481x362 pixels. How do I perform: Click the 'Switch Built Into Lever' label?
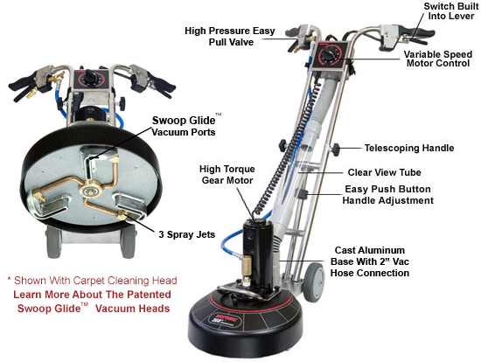tap(450, 11)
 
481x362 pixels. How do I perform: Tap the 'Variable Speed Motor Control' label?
tap(438, 59)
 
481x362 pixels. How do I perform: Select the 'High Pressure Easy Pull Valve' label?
tap(230, 36)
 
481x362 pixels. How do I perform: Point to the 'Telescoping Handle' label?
tap(409, 148)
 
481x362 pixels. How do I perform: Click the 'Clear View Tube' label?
tap(384, 172)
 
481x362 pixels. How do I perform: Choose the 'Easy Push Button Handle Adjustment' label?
tap(387, 194)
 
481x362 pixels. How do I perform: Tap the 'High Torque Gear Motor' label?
tap(227, 174)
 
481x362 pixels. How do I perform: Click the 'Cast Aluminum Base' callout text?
tap(370, 261)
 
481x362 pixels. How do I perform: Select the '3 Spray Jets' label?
tap(186, 234)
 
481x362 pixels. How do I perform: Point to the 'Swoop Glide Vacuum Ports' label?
tap(184, 126)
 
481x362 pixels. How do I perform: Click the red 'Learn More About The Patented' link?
tap(92, 295)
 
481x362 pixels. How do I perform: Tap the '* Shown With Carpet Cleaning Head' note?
tap(92, 281)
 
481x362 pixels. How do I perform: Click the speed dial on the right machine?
tap(329, 55)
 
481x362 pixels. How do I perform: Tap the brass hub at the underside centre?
tap(91, 191)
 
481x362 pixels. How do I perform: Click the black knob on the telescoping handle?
tap(336, 150)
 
